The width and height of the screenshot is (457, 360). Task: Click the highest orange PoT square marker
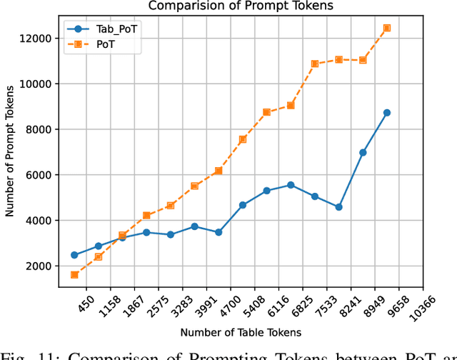tap(387, 28)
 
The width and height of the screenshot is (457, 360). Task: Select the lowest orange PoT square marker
tap(74, 274)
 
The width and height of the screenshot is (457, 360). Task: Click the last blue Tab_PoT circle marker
tap(387, 112)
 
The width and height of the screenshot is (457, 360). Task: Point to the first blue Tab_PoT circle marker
tap(74, 255)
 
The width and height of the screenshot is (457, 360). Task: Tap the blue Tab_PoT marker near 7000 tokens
tap(363, 152)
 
